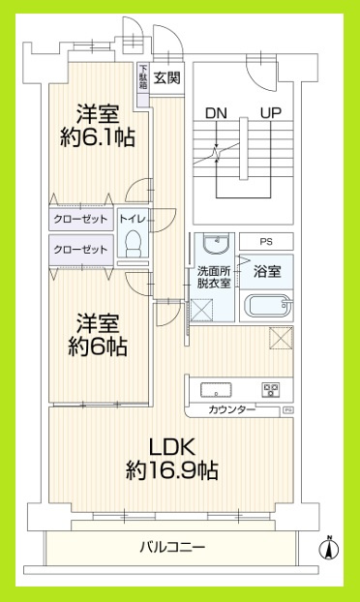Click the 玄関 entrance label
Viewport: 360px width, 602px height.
coord(167,78)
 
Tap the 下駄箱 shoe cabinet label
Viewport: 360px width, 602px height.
coord(142,76)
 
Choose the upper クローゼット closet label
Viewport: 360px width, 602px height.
coord(81,219)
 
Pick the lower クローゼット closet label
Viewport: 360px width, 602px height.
coord(81,251)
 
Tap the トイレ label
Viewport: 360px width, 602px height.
coord(134,219)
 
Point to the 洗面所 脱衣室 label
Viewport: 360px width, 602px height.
coord(213,276)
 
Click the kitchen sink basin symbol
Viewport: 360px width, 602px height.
coord(215,391)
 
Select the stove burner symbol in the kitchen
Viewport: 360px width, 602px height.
coord(270,391)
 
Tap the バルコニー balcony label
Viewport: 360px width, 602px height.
coord(171,548)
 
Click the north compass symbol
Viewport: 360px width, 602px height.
coord(329,549)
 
